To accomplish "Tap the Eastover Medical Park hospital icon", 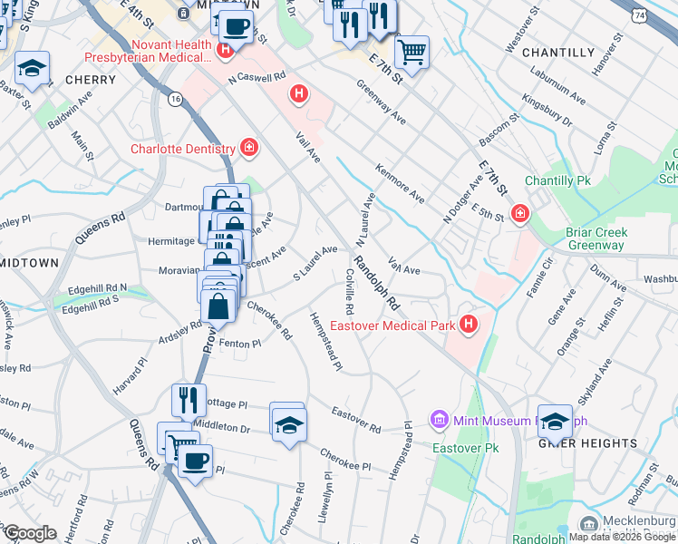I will pyautogui.click(x=468, y=324).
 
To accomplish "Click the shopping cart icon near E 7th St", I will pyautogui.click(x=412, y=50).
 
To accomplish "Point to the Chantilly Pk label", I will pyautogui.click(x=557, y=180).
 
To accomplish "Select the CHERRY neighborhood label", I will pyautogui.click(x=91, y=80).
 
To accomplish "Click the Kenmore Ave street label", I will pyautogui.click(x=400, y=183).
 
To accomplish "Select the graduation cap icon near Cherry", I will pyautogui.click(x=33, y=68).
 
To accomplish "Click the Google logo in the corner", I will pyautogui.click(x=29, y=533).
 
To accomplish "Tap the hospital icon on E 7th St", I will pyautogui.click(x=520, y=214).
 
